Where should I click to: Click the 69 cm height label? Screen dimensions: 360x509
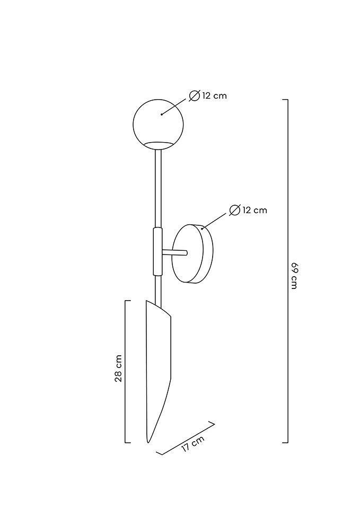coord(294,275)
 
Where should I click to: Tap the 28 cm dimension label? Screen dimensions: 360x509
coord(118,368)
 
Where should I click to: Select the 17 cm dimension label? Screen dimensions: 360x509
coord(193,444)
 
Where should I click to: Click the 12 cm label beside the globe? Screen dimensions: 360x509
coord(214,96)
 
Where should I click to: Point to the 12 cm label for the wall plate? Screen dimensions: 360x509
coord(254,210)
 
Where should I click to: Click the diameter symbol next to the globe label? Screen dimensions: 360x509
coord(194,96)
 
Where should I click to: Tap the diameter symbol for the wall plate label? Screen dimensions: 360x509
coord(234,210)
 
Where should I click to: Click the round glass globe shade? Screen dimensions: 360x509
coord(158,124)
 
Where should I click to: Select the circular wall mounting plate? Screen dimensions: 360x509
coord(192,253)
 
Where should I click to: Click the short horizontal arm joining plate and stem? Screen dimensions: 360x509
coord(174,252)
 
